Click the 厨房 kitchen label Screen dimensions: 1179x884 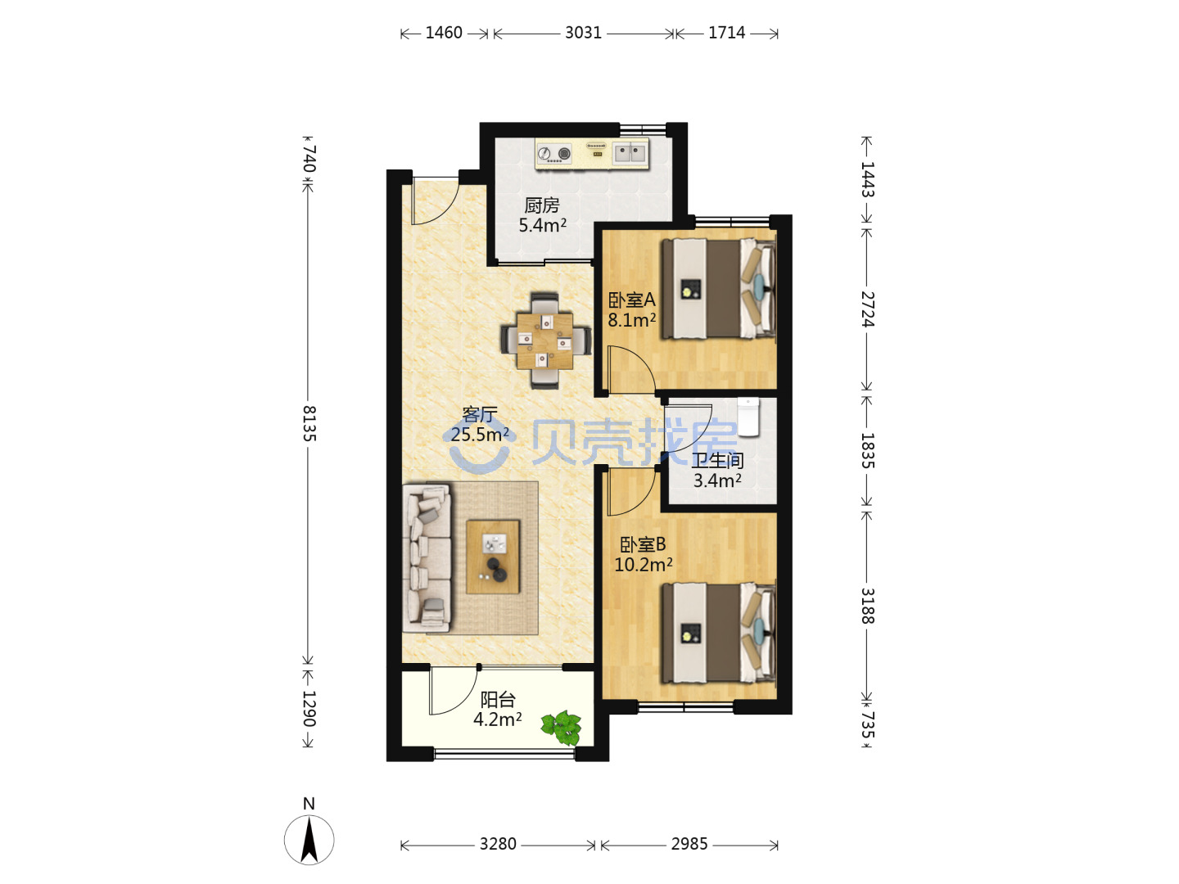pyautogui.click(x=541, y=205)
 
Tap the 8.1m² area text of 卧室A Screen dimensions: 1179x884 pyautogui.click(x=631, y=320)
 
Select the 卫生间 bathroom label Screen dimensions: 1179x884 pyautogui.click(x=717, y=461)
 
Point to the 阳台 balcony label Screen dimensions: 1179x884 pyautogui.click(x=497, y=699)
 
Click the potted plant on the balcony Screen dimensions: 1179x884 pyautogui.click(x=562, y=728)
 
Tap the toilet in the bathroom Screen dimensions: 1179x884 pyautogui.click(x=748, y=417)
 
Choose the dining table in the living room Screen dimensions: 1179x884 pyautogui.click(x=544, y=341)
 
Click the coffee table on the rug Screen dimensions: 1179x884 pyautogui.click(x=493, y=557)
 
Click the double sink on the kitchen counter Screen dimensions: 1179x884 pyautogui.click(x=630, y=153)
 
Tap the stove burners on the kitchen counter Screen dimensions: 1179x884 pyautogui.click(x=553, y=154)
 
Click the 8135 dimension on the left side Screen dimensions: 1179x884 pyautogui.click(x=309, y=423)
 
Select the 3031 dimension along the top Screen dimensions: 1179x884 pyautogui.click(x=583, y=33)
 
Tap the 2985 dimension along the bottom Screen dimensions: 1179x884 pyautogui.click(x=689, y=844)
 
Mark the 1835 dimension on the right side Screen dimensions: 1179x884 pyautogui.click(x=867, y=451)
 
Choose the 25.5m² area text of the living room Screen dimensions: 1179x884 pyautogui.click(x=480, y=434)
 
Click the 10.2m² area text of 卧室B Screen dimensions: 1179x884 pyautogui.click(x=643, y=565)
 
